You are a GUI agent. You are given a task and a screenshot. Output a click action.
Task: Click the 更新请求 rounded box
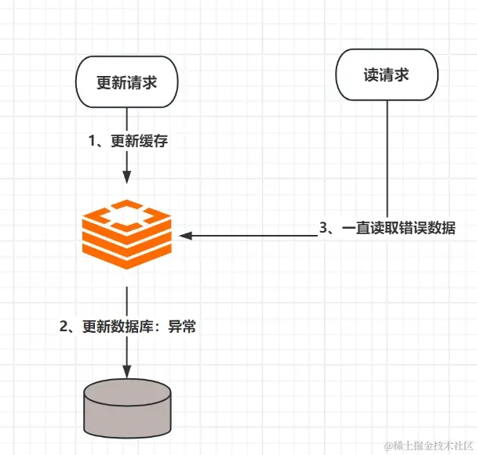click(127, 81)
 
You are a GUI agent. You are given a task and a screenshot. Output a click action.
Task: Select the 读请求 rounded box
click(387, 76)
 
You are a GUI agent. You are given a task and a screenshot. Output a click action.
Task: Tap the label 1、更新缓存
click(127, 141)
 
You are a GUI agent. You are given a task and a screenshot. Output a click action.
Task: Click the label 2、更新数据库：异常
click(128, 327)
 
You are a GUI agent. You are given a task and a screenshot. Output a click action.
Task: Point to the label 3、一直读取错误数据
click(387, 228)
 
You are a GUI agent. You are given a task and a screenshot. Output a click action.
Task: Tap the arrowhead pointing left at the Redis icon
click(185, 235)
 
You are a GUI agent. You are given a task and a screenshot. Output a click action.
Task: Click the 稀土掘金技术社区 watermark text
click(421, 444)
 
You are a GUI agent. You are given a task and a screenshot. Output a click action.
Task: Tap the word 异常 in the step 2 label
click(182, 327)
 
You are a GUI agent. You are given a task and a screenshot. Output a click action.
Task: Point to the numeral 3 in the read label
click(323, 228)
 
